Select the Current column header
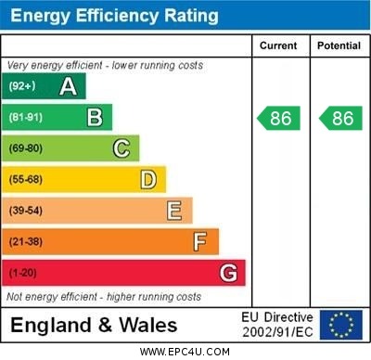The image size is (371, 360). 278,45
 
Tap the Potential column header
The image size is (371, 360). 339,45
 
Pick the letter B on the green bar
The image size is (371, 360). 95,118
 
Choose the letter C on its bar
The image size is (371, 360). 122,148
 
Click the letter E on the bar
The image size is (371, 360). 174,211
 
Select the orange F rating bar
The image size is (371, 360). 110,242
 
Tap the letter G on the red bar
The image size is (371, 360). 228,273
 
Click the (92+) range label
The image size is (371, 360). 22,87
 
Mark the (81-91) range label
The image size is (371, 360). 26,118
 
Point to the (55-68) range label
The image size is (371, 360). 26,180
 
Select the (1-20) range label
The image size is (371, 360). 23,274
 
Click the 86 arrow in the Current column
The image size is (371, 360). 279,118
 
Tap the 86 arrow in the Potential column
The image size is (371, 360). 340,118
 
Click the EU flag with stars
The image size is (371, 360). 341,325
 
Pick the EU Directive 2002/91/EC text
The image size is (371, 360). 277,325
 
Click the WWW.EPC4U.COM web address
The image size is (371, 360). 185,352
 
